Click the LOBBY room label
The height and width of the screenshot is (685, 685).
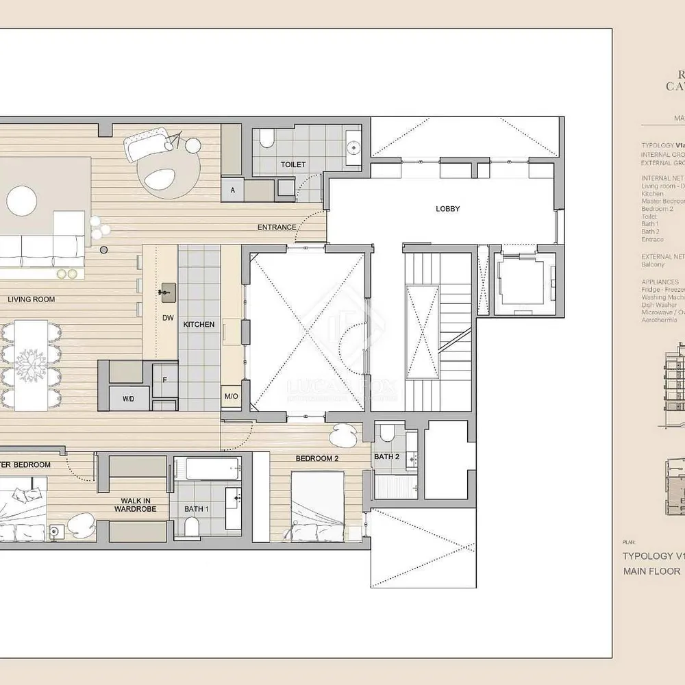447,209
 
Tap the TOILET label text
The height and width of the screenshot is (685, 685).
292,164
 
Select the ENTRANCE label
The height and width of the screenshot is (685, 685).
277,227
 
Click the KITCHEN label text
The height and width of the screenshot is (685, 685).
199,325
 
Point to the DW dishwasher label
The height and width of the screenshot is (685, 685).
168,318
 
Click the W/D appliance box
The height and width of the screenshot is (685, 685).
128,397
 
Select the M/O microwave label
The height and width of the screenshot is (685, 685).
230,397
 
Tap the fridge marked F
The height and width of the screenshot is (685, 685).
164,380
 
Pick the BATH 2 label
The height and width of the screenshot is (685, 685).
386,457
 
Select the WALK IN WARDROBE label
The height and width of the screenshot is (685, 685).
136,505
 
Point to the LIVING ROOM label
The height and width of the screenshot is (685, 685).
32,299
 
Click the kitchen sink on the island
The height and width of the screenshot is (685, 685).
166,292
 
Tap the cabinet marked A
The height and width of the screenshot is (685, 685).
233,190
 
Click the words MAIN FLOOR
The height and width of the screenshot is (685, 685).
651,571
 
